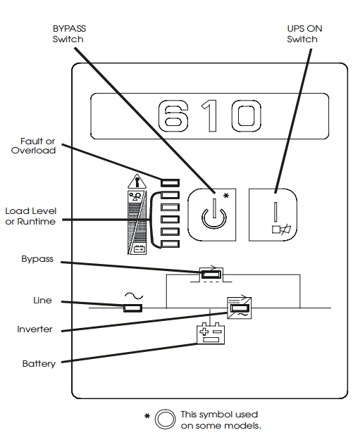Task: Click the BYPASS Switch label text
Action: point(69,34)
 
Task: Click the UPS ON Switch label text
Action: point(304,34)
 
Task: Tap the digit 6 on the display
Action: point(173,115)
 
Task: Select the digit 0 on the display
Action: point(246,115)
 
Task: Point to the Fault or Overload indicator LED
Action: point(170,182)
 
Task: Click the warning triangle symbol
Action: point(137,182)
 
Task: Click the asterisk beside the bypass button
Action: point(226,196)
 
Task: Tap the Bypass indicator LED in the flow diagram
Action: point(211,275)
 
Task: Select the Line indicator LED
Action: point(132,308)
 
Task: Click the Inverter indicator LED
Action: point(239,308)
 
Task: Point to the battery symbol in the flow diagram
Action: point(211,334)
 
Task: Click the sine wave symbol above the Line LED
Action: point(134,296)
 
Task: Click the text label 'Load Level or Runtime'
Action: point(30,216)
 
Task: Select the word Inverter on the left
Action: point(35,329)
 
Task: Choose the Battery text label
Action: point(39,363)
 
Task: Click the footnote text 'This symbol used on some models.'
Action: point(221,420)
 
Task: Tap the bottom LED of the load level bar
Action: point(170,244)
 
